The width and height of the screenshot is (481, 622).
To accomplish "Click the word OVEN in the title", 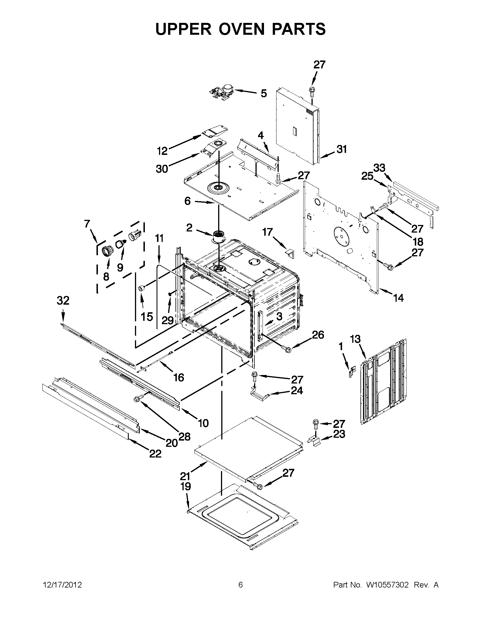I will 241,29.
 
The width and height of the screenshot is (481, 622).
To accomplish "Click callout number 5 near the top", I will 264,93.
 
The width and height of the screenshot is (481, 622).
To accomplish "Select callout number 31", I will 341,149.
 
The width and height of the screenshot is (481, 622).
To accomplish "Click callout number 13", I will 355,339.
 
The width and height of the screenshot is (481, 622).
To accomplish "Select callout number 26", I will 318,335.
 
